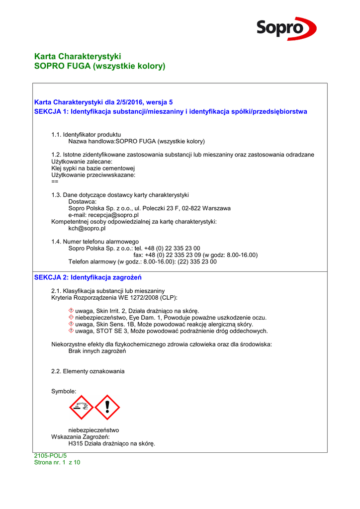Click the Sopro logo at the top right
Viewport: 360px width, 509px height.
click(286, 28)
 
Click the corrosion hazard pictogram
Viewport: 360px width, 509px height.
click(82, 408)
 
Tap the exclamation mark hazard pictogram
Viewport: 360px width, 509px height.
click(107, 408)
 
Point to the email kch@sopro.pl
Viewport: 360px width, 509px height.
click(87, 229)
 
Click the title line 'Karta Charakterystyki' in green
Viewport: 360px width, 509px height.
click(78, 56)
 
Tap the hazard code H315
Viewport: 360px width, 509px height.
click(76, 444)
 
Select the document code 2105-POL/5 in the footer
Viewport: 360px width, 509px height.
click(50, 456)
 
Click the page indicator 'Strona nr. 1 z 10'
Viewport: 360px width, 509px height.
click(57, 462)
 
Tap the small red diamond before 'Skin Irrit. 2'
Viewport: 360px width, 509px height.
click(71, 311)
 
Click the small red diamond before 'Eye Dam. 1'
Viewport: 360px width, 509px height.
click(71, 318)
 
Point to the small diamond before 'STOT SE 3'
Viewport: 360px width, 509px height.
click(71, 331)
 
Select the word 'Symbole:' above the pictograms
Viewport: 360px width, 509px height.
click(64, 392)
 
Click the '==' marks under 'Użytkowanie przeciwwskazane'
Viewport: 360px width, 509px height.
click(55, 182)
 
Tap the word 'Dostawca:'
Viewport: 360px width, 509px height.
click(82, 202)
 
